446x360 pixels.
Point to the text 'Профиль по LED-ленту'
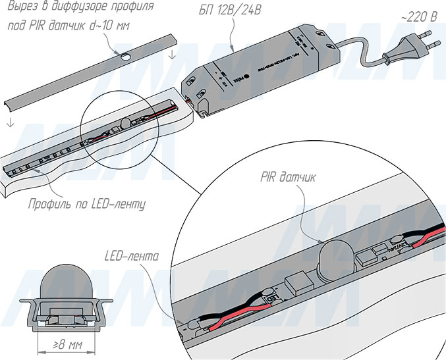coord(86,204)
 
